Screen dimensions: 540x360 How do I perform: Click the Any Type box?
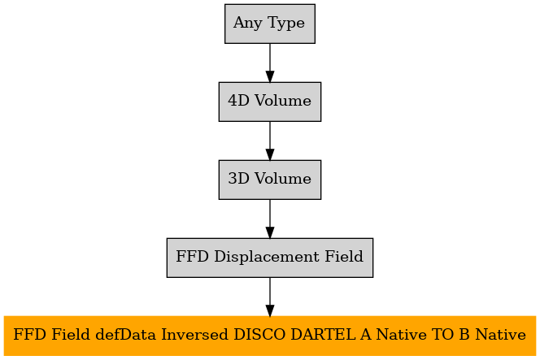[270, 24]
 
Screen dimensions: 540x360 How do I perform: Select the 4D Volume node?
[270, 102]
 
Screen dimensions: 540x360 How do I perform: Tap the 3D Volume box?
[270, 180]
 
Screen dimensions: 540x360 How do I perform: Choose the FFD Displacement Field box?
[270, 258]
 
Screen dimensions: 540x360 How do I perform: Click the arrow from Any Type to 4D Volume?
[270, 63]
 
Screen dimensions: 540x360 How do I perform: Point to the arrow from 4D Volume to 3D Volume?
[270, 141]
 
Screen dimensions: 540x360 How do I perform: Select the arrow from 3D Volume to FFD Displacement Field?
[270, 219]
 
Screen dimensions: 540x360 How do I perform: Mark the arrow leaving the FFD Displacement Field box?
[270, 297]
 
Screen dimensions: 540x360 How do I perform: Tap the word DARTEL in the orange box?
[323, 335]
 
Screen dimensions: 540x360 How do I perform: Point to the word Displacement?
[267, 257]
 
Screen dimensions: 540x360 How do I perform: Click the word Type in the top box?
[285, 24]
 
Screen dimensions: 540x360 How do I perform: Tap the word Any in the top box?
[247, 24]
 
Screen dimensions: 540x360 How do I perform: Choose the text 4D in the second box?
[238, 101]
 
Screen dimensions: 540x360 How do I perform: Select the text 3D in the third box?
[238, 179]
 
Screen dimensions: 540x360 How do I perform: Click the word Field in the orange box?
[72, 335]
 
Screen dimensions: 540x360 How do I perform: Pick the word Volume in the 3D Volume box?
[283, 179]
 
